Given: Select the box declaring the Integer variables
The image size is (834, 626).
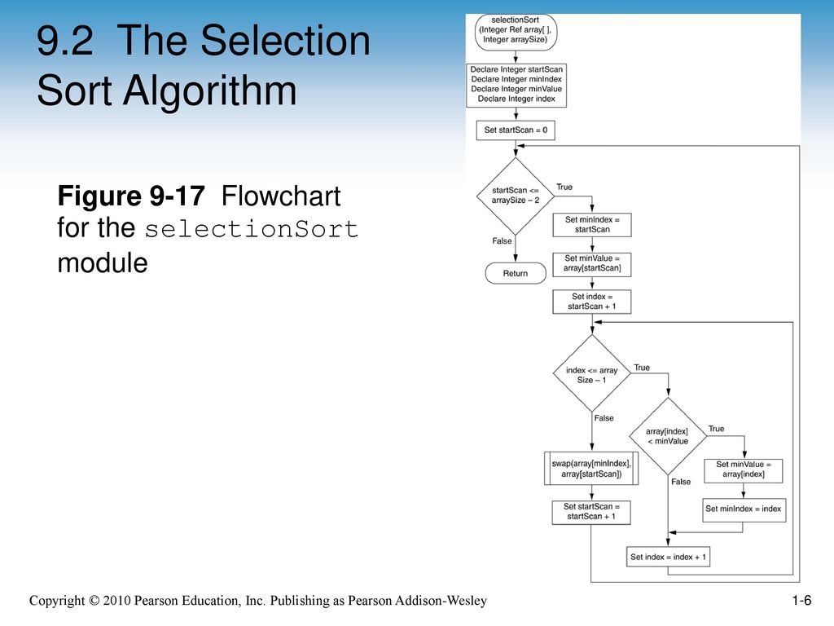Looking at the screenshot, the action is [x=516, y=85].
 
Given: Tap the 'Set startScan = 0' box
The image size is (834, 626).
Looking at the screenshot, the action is [x=516, y=130].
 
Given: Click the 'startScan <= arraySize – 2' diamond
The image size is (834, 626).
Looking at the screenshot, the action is [x=516, y=196].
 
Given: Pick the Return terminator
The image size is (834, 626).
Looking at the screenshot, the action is [x=516, y=273].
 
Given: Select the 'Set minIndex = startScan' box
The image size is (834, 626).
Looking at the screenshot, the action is [x=592, y=225].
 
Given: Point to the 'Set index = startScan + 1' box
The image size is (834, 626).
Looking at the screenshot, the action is [x=592, y=302].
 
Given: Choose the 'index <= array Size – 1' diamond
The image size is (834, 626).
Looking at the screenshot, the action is [x=592, y=373].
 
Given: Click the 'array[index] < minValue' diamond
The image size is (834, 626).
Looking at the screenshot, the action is [x=668, y=436].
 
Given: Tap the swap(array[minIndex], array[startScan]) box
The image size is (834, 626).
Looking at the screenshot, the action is [x=591, y=469].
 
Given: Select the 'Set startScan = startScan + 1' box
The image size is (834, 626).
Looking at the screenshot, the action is [x=591, y=512].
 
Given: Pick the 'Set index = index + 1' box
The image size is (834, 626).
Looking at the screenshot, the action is [x=668, y=557].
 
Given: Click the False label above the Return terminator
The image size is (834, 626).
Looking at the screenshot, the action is [x=502, y=241].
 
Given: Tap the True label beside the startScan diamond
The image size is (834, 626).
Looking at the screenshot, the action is [x=564, y=187].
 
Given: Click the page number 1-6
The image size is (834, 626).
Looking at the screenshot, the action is [x=801, y=601].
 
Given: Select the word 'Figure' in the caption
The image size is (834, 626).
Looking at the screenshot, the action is [x=99, y=196].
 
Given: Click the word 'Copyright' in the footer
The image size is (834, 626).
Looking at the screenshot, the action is [x=57, y=601].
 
